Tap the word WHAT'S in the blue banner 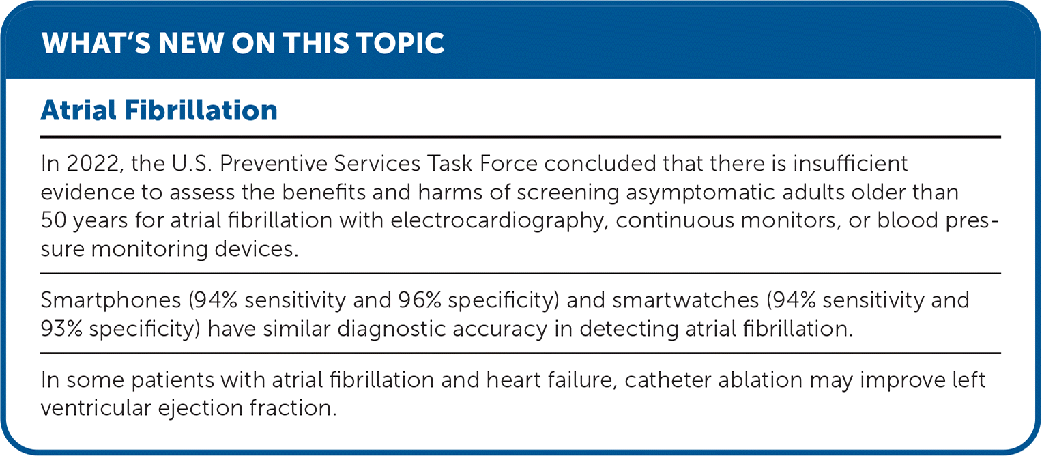[96, 43]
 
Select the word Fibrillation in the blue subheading [201, 111]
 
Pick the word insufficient [850, 164]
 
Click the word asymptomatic [700, 193]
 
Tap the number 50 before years [53, 220]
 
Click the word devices [257, 249]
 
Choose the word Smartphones [111, 300]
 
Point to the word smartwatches [685, 300]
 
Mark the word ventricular [96, 408]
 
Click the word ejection [201, 408]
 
